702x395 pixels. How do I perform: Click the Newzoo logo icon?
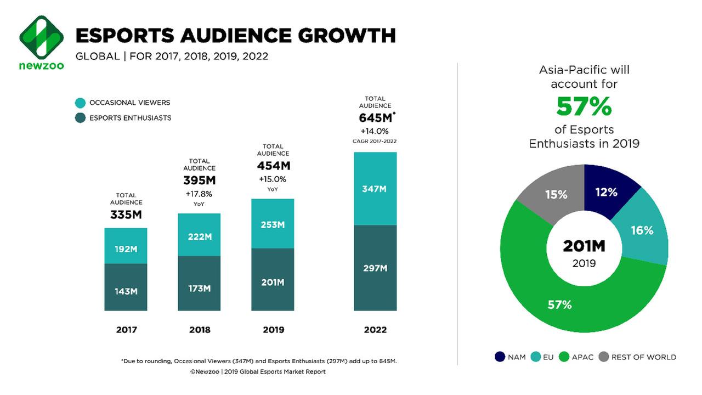tap(42, 37)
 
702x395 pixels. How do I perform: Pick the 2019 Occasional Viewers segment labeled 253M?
tap(273, 224)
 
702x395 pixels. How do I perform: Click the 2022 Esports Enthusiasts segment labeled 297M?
tap(375, 268)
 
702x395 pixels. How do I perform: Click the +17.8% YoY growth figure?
tap(199, 194)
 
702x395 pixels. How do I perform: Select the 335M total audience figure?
tap(126, 215)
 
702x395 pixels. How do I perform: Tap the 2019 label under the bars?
tap(273, 330)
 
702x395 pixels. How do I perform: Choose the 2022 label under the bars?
tap(375, 330)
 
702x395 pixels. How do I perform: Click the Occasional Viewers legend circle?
tap(81, 103)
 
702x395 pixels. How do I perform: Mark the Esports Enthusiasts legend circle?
tap(81, 118)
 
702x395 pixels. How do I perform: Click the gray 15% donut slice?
tap(556, 194)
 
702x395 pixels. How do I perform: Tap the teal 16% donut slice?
tap(642, 230)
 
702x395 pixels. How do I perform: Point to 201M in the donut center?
tap(584, 246)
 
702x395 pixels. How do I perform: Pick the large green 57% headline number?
tap(584, 107)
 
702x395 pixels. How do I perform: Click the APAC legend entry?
tap(576, 357)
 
